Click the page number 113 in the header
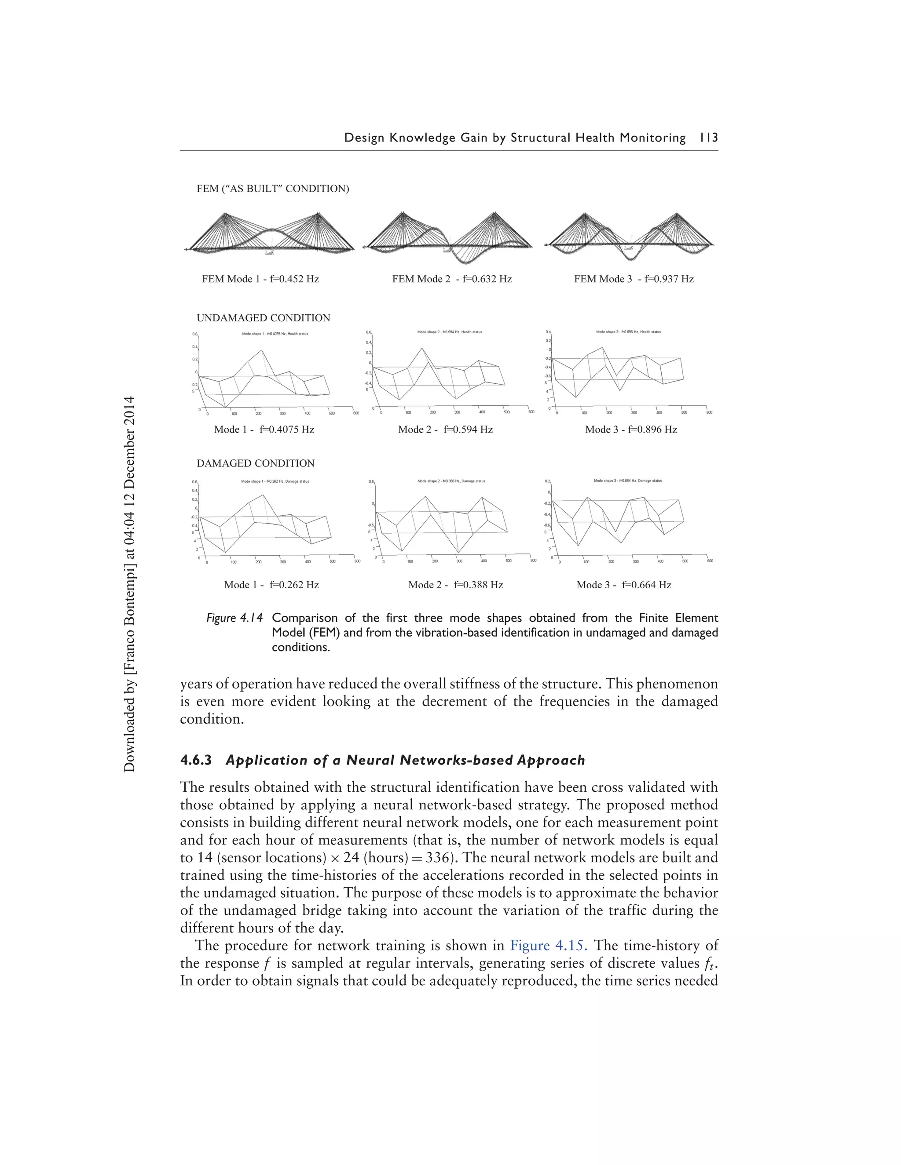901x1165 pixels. [x=708, y=138]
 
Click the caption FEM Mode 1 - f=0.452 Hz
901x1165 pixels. [x=260, y=279]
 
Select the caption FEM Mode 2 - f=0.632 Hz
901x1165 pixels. [x=451, y=279]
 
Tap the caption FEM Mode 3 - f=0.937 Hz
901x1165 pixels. [x=634, y=279]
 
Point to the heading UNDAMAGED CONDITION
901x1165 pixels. [x=263, y=318]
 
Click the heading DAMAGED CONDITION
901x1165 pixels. [x=255, y=463]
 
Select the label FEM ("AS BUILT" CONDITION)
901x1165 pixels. [x=273, y=189]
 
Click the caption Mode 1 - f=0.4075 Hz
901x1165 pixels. [x=264, y=430]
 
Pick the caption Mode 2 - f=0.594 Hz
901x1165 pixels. [x=445, y=430]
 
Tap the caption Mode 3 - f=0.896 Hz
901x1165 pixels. [x=631, y=430]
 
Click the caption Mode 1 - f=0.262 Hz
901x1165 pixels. [x=271, y=585]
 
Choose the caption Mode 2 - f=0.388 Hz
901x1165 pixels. [x=455, y=585]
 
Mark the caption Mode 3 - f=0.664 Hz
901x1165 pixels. [x=623, y=585]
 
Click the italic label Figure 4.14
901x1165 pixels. [x=234, y=618]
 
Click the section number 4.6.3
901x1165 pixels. [x=196, y=760]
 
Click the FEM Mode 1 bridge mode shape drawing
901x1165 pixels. [x=270, y=233]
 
